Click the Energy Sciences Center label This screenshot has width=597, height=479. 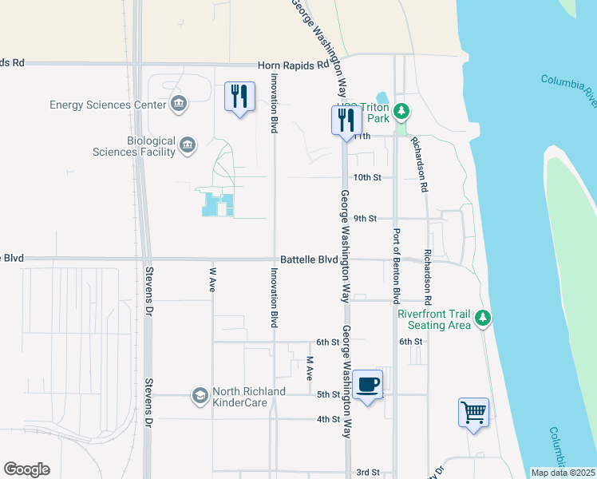(109, 105)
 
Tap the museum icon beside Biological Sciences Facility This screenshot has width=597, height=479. (188, 144)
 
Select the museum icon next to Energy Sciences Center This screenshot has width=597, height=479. (179, 104)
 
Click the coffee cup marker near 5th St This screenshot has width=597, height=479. (367, 386)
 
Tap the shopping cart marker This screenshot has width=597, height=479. (473, 414)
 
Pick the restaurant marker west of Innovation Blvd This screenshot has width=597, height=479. (239, 97)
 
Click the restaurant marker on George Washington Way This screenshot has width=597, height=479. (346, 121)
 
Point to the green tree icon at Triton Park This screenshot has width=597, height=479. (402, 110)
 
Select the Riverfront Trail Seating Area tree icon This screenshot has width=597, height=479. (482, 319)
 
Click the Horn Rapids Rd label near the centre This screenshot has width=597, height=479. (293, 65)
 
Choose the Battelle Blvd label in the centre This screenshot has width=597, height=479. (314, 260)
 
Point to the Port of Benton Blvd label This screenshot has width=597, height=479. (395, 267)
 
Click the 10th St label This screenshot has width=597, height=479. (367, 177)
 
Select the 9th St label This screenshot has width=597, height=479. (365, 218)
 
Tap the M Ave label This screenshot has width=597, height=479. (310, 368)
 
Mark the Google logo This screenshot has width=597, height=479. (27, 469)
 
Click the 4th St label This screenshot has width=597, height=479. (328, 419)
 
